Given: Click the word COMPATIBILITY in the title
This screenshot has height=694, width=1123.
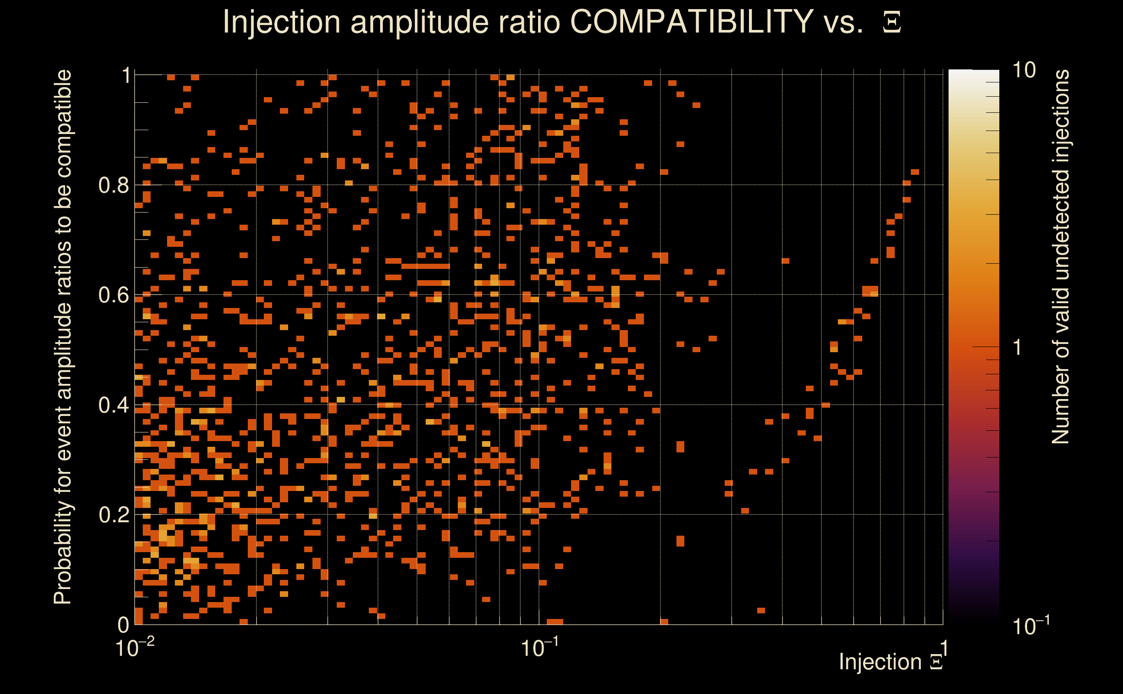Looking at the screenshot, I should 691,22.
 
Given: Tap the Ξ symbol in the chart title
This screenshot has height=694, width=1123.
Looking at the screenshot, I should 892,23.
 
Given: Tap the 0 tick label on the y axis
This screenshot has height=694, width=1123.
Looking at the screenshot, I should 123,625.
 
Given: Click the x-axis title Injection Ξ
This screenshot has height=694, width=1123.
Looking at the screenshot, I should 891,662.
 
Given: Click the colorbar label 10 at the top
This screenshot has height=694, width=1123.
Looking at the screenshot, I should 1024,70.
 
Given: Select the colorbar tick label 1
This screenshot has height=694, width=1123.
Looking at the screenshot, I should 1018,347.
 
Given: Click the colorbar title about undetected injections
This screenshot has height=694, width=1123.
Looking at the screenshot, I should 1060,257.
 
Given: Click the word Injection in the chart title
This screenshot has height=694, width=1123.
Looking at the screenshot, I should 282,22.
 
